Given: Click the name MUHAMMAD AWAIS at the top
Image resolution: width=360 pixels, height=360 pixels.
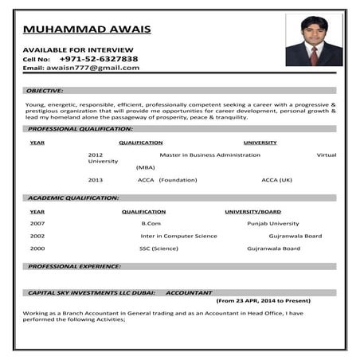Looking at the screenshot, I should click(87, 30).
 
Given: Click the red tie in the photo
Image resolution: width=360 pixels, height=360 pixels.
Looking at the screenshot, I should click(315, 55).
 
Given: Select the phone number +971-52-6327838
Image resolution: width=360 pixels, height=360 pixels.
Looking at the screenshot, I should click(99, 59).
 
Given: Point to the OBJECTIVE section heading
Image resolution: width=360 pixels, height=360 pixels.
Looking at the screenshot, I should click(45, 91).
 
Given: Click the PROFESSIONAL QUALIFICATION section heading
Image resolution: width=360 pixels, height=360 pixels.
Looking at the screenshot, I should click(80, 128).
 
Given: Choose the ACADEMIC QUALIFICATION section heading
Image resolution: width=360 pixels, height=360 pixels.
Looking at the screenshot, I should click(73, 198).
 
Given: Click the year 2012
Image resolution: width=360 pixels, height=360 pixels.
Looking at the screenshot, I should click(96, 155).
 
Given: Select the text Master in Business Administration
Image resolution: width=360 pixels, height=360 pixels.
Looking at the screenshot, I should click(209, 155).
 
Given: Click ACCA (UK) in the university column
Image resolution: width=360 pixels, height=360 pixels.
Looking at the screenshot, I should click(276, 180).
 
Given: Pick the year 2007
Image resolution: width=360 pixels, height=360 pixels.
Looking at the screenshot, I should click(37, 224).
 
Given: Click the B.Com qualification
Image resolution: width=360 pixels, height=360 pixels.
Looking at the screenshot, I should click(151, 224).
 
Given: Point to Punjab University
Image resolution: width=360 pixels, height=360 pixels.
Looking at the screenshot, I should click(273, 224).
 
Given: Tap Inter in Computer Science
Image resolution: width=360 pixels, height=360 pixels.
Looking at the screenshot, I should click(178, 236).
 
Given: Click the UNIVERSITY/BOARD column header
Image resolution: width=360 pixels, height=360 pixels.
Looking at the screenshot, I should click(252, 212).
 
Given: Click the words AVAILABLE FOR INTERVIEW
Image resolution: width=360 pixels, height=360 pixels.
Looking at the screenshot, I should click(72, 49).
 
